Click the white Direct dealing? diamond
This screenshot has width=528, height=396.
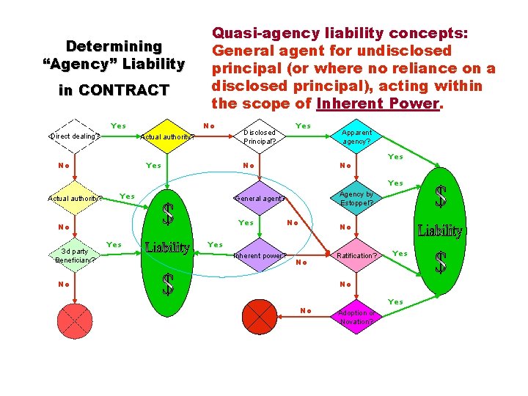coord(74,136)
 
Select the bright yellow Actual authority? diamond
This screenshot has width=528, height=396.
coord(168,136)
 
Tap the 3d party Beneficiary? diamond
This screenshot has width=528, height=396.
coord(74,255)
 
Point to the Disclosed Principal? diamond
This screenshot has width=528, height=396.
coord(260,136)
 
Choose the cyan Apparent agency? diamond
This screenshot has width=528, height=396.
coord(357,136)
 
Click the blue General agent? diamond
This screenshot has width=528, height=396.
coord(260,198)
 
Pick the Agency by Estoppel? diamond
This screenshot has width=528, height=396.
coord(357,198)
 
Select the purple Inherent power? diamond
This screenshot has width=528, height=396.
coord(260,256)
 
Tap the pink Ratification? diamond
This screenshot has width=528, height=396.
coord(357,256)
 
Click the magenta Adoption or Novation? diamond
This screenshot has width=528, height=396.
coord(357,317)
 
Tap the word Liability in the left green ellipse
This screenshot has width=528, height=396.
coord(168,248)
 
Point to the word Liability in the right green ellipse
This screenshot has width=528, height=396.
coord(440,231)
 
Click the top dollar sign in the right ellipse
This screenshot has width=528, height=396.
coord(440,197)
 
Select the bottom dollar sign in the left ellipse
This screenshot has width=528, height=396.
coord(168,285)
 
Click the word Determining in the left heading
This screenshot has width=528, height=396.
coord(114,46)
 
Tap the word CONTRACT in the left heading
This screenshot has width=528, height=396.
coord(124,90)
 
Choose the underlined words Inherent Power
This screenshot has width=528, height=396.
coord(377,103)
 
